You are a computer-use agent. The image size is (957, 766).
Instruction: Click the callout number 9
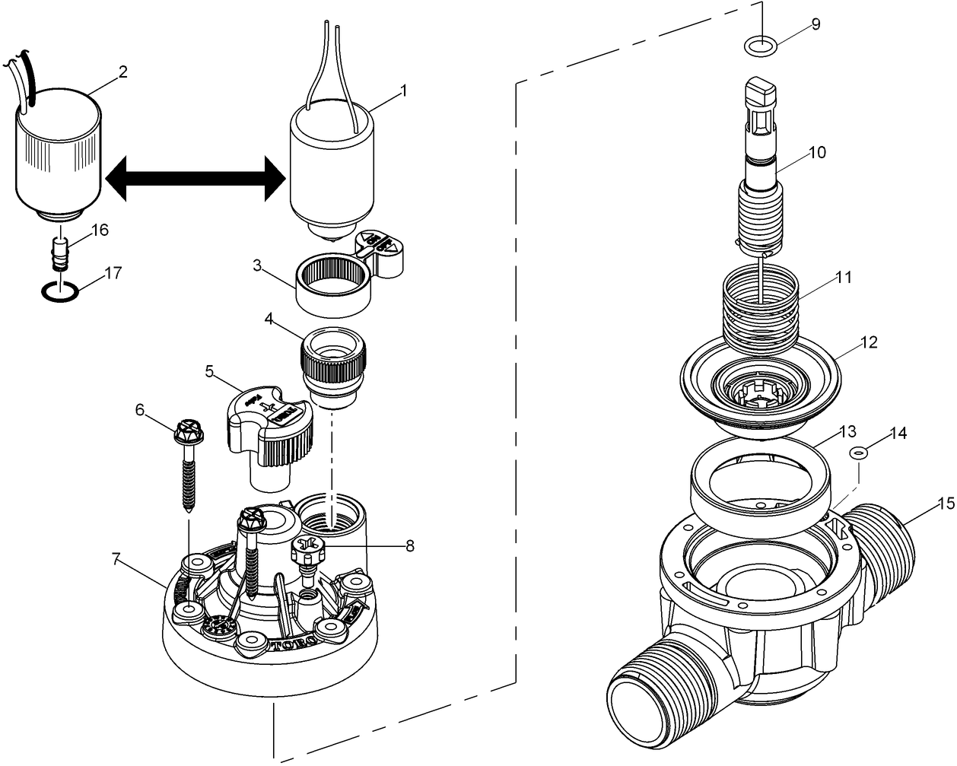[x=816, y=24]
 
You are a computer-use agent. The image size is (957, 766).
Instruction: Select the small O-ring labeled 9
[x=761, y=47]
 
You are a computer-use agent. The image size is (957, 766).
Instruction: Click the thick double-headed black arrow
[x=195, y=180]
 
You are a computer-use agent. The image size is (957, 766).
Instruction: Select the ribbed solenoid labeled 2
[x=59, y=156]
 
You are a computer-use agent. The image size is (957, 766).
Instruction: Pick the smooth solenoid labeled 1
[x=332, y=167]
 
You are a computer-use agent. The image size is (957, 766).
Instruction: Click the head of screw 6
[x=187, y=434]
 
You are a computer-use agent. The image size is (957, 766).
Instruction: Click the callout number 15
[x=946, y=504]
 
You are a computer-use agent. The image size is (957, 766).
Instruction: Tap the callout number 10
[x=816, y=152]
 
